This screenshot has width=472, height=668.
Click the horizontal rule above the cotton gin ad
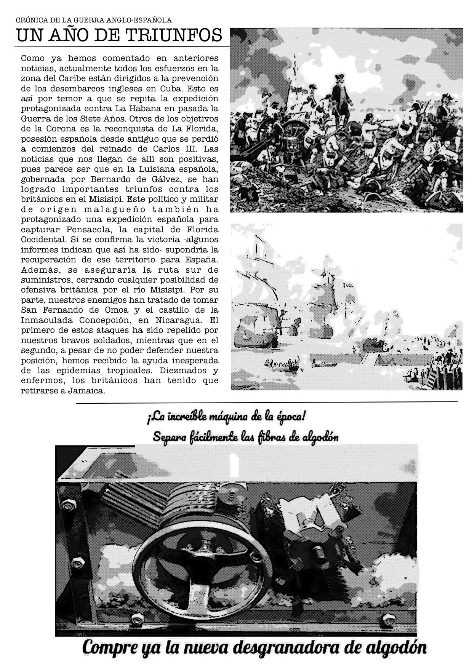[x=267, y=402]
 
